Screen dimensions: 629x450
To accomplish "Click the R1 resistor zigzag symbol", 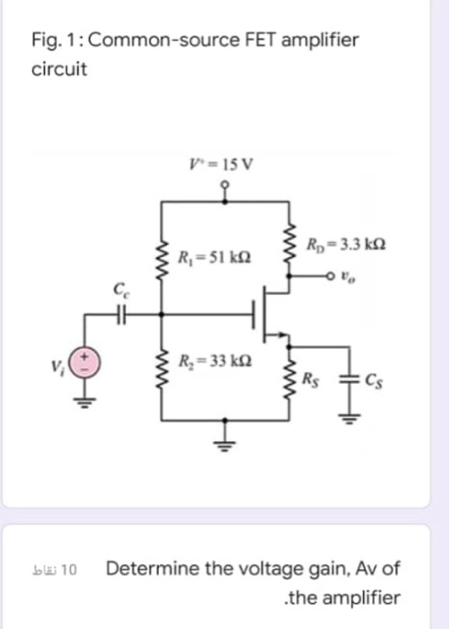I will (x=163, y=261).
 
